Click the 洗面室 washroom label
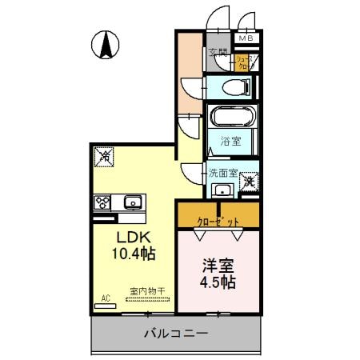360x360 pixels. click(x=223, y=172)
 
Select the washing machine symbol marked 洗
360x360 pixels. click(x=250, y=182)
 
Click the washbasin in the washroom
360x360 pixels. click(x=223, y=190)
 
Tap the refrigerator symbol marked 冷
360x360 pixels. click(x=105, y=157)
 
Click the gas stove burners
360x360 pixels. click(x=103, y=202)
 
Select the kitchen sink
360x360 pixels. click(x=131, y=202)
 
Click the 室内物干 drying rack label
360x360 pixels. click(x=146, y=293)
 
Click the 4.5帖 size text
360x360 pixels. click(x=218, y=282)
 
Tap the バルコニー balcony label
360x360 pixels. click(x=177, y=333)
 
